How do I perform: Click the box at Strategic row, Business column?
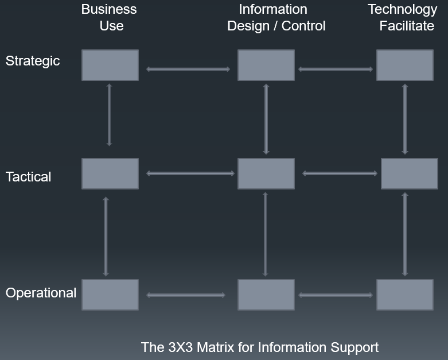(110, 65)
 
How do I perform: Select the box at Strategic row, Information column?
(266, 65)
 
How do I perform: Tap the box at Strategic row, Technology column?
(404, 65)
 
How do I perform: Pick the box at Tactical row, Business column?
(110, 173)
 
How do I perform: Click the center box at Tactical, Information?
(266, 173)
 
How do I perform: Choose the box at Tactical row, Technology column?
(409, 173)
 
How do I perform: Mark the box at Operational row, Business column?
(110, 295)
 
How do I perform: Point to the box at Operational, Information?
(266, 295)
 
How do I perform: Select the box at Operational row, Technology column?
(404, 295)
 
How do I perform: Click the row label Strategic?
(33, 61)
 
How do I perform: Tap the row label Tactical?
(28, 177)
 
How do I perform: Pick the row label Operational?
(41, 293)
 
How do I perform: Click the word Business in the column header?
(109, 10)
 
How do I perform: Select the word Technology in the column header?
(402, 10)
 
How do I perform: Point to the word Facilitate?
(406, 26)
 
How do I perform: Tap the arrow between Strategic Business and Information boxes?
(188, 69)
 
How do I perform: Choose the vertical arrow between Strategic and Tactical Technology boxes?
(405, 119)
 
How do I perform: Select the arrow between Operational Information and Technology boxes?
(336, 295)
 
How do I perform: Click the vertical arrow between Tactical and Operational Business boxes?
(106, 237)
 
